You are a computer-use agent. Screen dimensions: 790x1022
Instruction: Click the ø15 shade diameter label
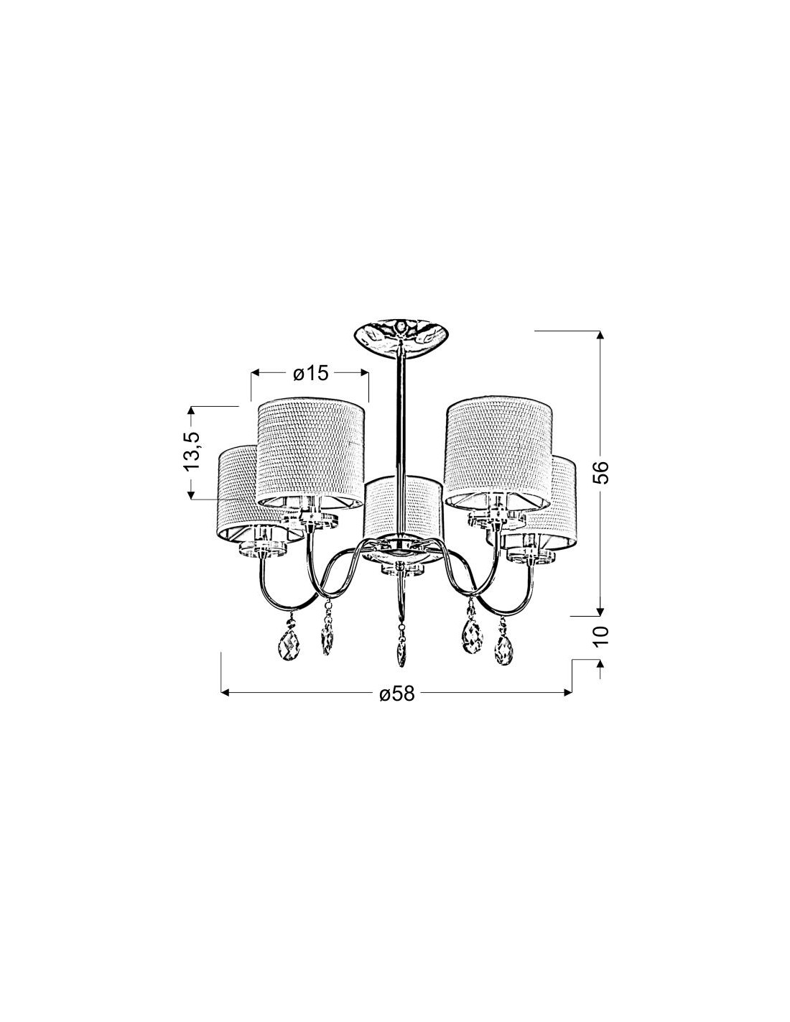pyautogui.click(x=310, y=374)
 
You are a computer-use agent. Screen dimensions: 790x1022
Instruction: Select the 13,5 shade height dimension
pyautogui.click(x=192, y=451)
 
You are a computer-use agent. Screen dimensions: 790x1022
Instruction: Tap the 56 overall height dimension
pyautogui.click(x=601, y=472)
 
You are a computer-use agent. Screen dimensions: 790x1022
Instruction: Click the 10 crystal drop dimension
pyautogui.click(x=601, y=636)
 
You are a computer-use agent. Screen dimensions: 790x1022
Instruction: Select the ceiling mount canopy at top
pyautogui.click(x=401, y=337)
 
